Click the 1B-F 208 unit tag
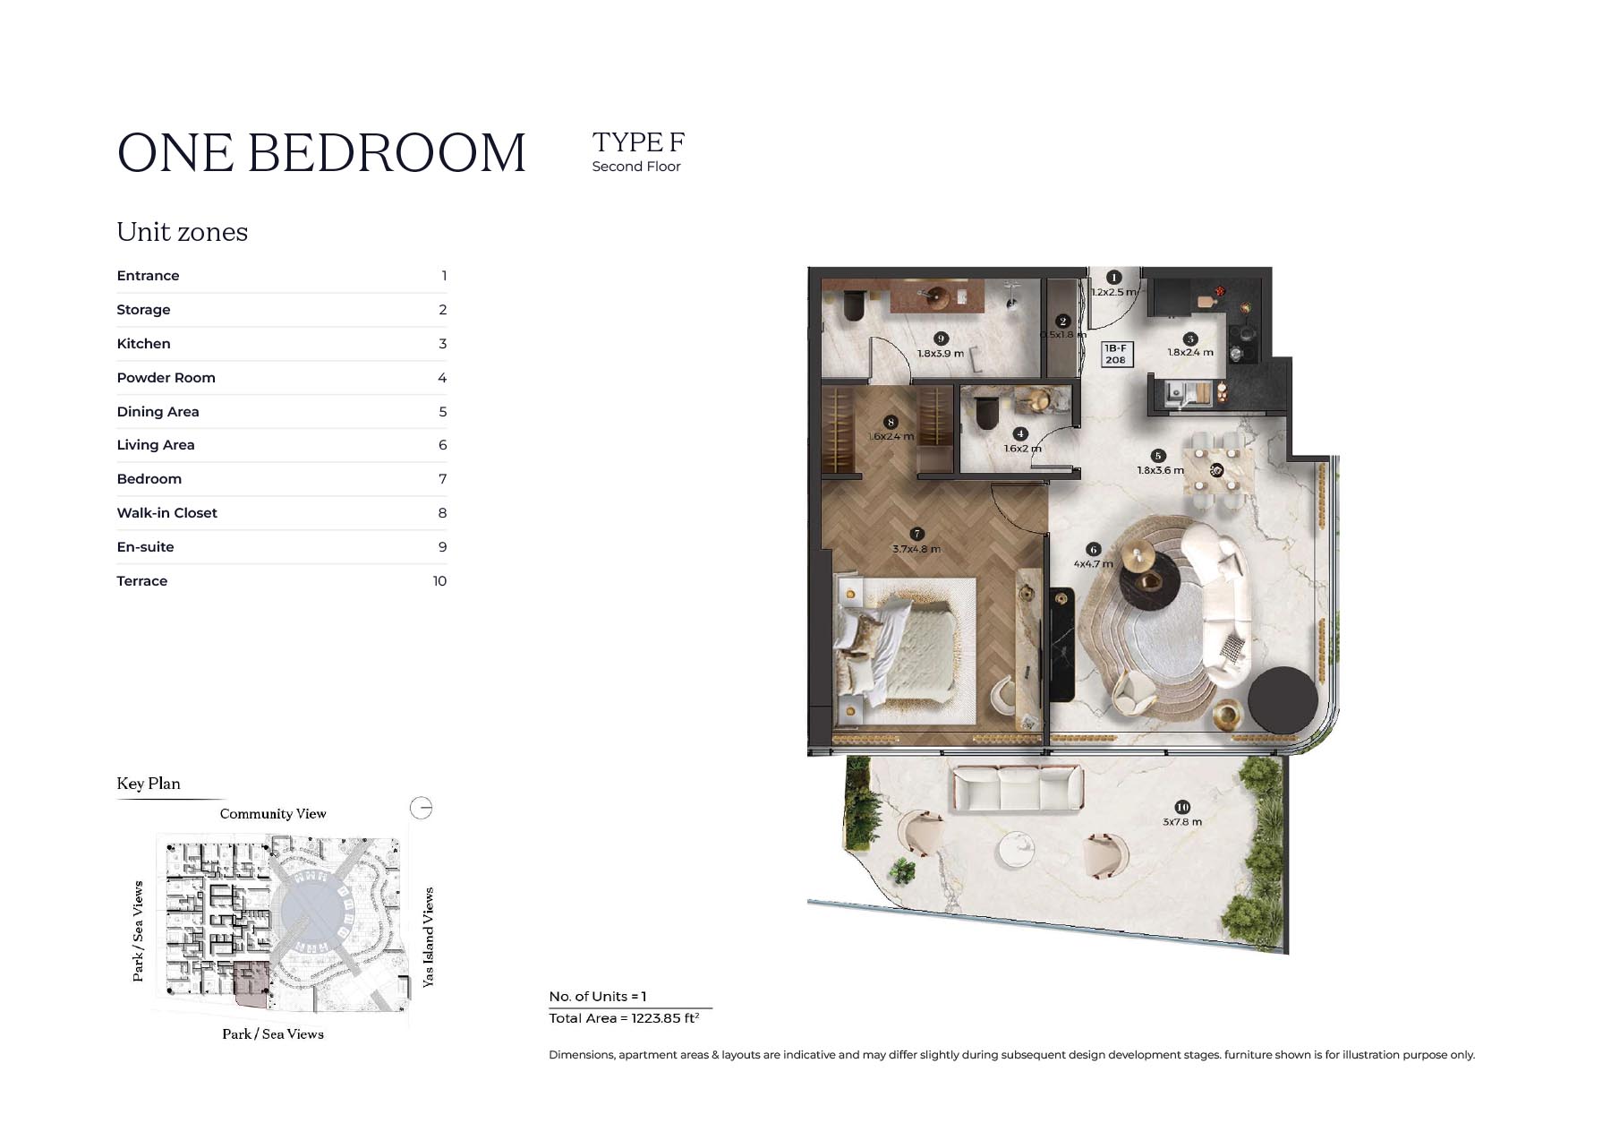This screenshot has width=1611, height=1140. tap(1115, 354)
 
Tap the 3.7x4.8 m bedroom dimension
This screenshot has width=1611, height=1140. tap(916, 549)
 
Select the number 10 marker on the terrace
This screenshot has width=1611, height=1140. tap(1182, 807)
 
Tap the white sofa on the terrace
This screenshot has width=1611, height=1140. tap(1017, 789)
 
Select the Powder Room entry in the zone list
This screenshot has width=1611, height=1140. tap(166, 378)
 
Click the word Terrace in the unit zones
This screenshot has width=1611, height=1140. tap(142, 581)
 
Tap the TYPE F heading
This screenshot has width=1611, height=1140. tap(638, 142)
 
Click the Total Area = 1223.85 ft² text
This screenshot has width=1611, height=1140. tap(624, 1018)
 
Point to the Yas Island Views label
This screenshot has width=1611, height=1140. tap(428, 938)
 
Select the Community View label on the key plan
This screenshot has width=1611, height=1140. tap(273, 814)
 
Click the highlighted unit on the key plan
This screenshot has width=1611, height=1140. tap(251, 984)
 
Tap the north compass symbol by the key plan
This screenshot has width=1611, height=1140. tap(422, 809)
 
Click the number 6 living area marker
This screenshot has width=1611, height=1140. tap(1093, 550)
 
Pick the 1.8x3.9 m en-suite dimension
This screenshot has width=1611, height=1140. tap(941, 354)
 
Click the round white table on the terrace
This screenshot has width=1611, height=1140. tap(1017, 849)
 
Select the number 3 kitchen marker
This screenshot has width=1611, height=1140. tap(1190, 339)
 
